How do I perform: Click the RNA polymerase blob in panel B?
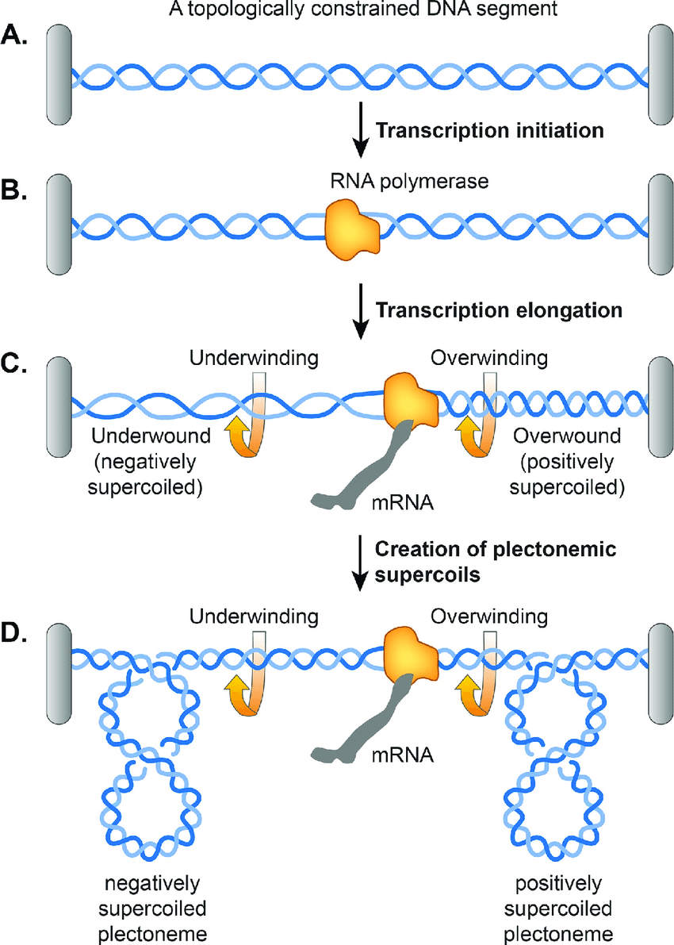coord(353,227)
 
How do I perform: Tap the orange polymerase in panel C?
coord(410,398)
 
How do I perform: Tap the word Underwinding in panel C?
coord(254,357)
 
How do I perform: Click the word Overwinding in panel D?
coord(489,616)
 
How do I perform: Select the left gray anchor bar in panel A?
coord(60,75)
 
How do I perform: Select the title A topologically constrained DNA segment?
coord(337,10)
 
